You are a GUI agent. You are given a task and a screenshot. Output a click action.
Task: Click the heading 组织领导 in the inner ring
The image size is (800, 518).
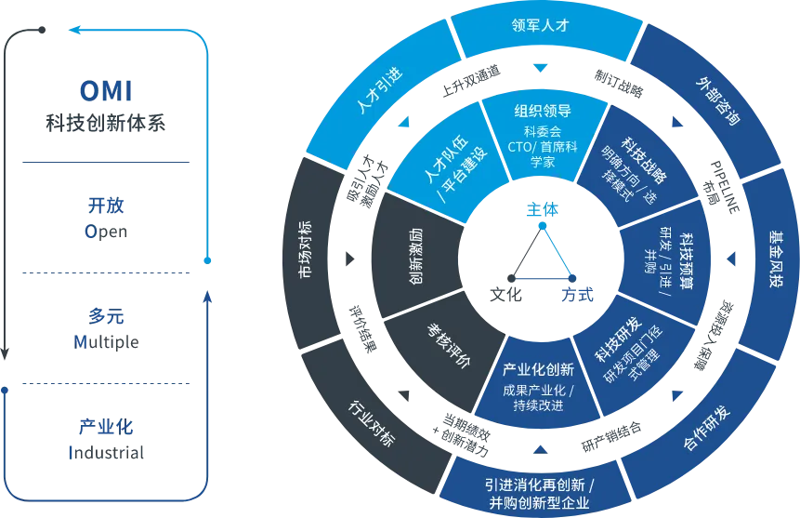(x=543, y=112)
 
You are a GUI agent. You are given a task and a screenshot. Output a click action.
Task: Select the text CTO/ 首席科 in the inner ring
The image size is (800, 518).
(x=543, y=146)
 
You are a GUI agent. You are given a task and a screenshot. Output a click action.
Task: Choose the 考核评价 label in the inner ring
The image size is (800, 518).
(x=450, y=342)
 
